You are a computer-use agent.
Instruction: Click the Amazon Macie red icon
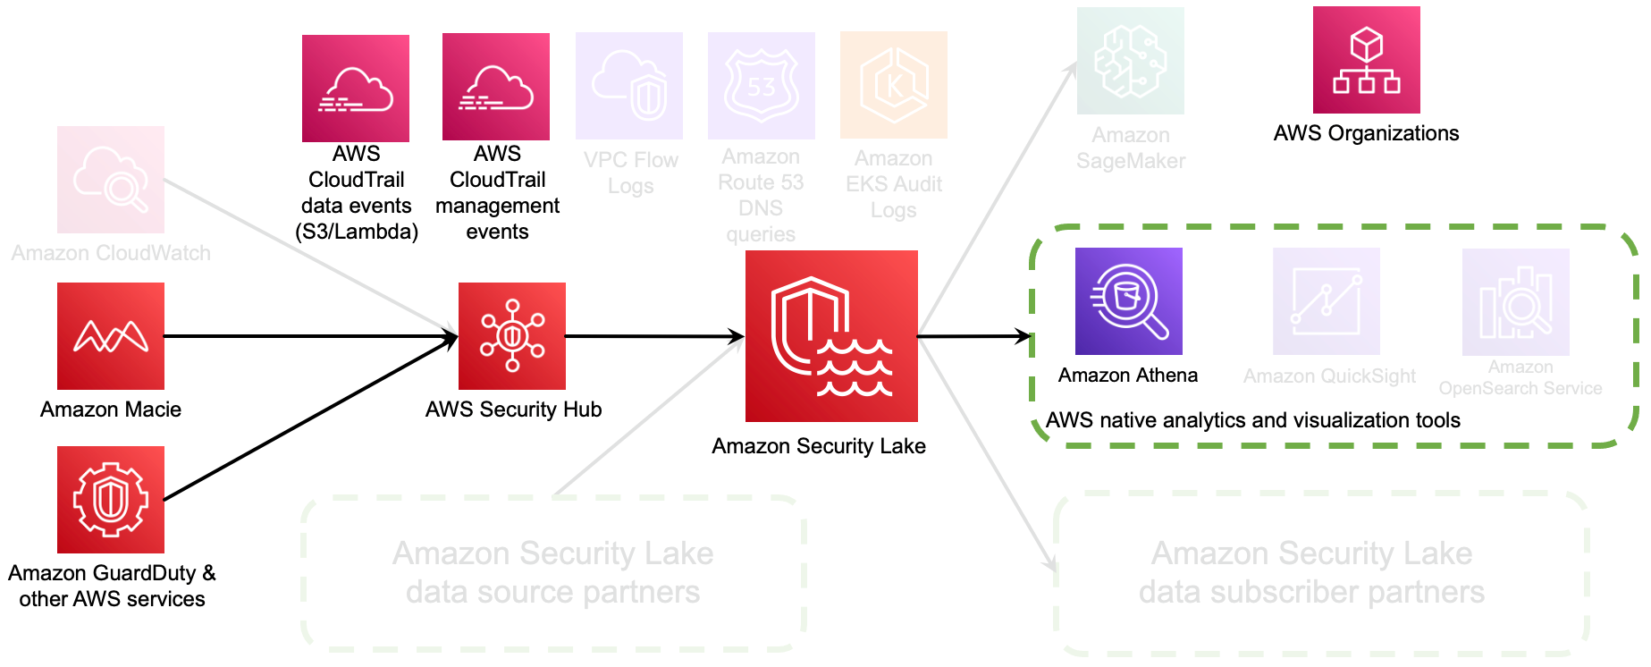pyautogui.click(x=111, y=336)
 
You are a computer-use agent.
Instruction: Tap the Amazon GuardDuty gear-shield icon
pyautogui.click(x=111, y=500)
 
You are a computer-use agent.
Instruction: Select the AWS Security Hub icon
pyautogui.click(x=512, y=336)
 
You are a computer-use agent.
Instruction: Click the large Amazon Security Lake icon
pyautogui.click(x=831, y=336)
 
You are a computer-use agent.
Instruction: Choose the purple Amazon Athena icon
pyautogui.click(x=1128, y=301)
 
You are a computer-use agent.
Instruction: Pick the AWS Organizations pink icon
pyautogui.click(x=1366, y=60)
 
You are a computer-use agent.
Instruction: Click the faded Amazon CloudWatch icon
pyautogui.click(x=111, y=180)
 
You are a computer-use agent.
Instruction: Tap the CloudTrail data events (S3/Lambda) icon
pyautogui.click(x=356, y=89)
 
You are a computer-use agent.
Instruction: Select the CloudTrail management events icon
pyautogui.click(x=496, y=87)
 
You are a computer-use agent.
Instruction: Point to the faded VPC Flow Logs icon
pyautogui.click(x=629, y=86)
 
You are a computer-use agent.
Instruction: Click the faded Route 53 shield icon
pyautogui.click(x=762, y=86)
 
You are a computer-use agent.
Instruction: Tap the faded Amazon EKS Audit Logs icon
pyautogui.click(x=894, y=85)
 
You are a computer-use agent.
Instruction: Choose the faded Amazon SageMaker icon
pyautogui.click(x=1131, y=61)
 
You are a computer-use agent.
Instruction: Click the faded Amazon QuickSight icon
pyautogui.click(x=1327, y=301)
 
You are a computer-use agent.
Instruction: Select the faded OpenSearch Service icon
pyautogui.click(x=1516, y=302)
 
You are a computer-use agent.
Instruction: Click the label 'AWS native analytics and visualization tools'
pyautogui.click(x=1252, y=420)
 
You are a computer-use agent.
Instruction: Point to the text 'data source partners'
pyautogui.click(x=552, y=592)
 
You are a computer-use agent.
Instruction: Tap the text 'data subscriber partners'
pyautogui.click(x=1311, y=592)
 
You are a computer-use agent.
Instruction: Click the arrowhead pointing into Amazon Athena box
pyautogui.click(x=1023, y=337)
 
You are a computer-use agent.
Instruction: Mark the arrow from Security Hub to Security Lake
pyautogui.click(x=653, y=337)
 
